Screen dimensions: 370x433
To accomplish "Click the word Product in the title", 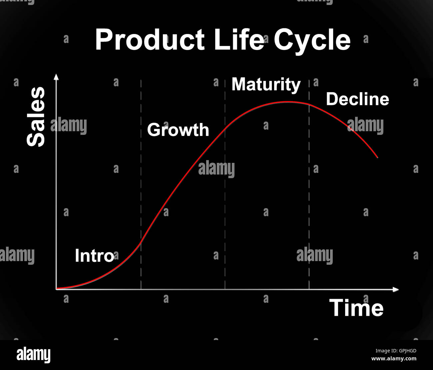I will pos(150,40).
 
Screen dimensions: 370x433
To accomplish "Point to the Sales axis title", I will pos(36,117).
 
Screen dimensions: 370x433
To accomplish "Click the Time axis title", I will pos(356,308).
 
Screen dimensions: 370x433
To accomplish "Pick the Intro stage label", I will pos(94,256).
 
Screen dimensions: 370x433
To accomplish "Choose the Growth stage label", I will pos(178,130).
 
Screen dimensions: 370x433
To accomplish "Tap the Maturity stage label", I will pos(266,84).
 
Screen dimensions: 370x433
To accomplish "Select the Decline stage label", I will pos(357,99).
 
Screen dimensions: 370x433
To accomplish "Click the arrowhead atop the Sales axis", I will pos(56,77).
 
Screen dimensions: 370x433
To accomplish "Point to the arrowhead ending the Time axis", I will pos(396,289).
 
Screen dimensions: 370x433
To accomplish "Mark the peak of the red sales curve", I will pos(286,102).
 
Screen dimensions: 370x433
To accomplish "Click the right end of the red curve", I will pos(377,157).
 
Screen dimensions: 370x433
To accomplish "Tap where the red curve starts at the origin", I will pos(57,288).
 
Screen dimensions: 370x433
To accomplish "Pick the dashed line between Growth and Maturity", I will pos(225,200).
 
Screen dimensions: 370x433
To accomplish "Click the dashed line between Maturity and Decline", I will pos(309,200).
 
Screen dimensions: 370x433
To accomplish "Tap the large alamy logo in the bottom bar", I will pos(33,355).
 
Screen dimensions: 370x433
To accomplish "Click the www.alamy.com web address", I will pos(394,359).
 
